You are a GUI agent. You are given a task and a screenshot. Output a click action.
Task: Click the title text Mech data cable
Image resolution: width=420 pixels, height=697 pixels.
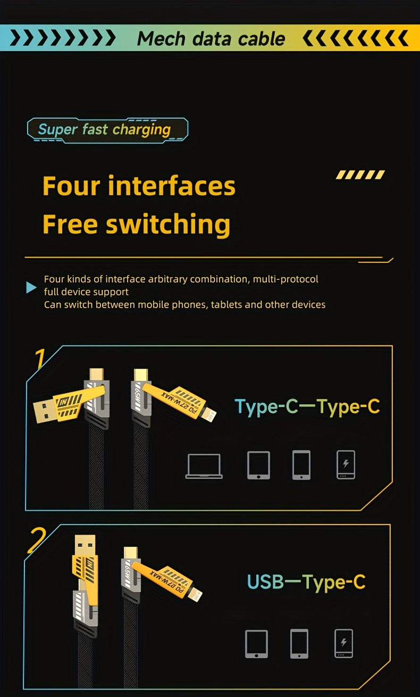(x=211, y=38)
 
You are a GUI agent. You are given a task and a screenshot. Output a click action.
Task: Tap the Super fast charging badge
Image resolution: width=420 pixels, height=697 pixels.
(x=106, y=129)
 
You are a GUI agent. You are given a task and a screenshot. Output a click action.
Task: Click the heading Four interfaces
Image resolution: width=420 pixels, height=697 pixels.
(x=139, y=186)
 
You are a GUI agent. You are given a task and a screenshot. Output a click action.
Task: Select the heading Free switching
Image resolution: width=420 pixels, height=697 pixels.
(x=136, y=224)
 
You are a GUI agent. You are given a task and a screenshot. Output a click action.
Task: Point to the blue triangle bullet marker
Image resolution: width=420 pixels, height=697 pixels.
(x=31, y=288)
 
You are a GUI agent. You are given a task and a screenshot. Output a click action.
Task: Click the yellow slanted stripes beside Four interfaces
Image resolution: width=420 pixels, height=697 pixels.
(x=360, y=175)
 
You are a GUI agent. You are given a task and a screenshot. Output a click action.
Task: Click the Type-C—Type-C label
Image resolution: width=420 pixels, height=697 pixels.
(x=307, y=406)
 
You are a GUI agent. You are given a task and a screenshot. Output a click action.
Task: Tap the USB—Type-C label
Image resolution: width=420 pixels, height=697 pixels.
(x=306, y=582)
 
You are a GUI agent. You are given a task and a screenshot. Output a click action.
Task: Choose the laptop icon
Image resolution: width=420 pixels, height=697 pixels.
(x=204, y=466)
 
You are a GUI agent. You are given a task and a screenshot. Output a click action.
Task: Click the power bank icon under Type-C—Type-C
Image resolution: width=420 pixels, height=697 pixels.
(x=346, y=465)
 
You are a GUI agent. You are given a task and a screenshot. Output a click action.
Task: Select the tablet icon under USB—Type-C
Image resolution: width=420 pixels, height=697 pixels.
(x=256, y=644)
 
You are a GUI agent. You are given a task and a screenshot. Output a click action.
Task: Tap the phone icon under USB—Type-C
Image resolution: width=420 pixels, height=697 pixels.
(x=299, y=644)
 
